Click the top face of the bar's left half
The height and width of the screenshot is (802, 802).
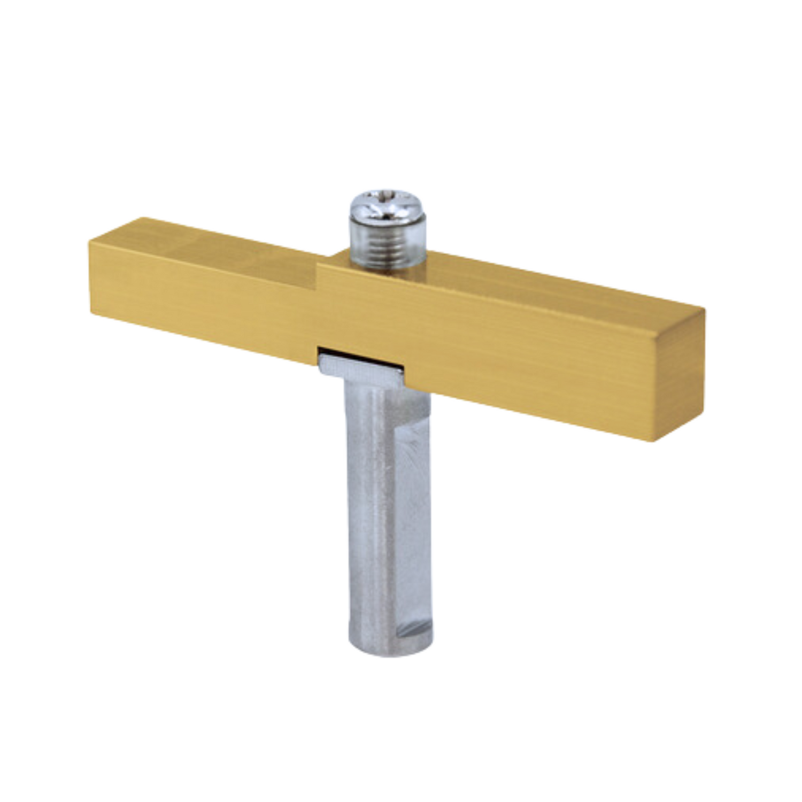[214, 241]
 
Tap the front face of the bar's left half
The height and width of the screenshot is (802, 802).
[203, 299]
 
